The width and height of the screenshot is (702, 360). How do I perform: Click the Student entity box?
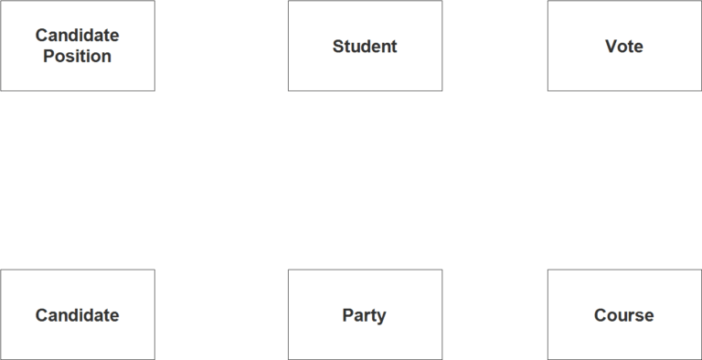(x=365, y=46)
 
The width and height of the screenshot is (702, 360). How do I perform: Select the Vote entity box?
(x=624, y=46)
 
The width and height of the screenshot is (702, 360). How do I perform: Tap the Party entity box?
(x=365, y=315)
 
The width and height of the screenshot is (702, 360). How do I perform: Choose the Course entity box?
(x=624, y=315)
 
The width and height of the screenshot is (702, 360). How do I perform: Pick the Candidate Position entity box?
(x=77, y=46)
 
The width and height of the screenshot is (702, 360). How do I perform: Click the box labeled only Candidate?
(x=77, y=315)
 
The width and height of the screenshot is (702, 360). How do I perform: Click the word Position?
(x=77, y=57)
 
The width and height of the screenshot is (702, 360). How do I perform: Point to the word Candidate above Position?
(x=77, y=36)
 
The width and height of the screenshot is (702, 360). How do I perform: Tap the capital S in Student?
(x=338, y=47)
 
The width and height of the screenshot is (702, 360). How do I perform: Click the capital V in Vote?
(x=611, y=47)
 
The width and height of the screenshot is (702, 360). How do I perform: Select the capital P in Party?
(x=348, y=315)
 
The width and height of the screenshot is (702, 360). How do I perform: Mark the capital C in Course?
(x=601, y=315)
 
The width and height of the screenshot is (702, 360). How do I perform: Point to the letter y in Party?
(x=380, y=317)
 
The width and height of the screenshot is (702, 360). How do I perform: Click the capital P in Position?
(x=49, y=57)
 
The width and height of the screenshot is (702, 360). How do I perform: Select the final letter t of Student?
(x=394, y=47)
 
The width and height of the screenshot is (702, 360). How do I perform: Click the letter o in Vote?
(x=622, y=48)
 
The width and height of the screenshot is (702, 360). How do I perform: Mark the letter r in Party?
(x=367, y=316)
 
